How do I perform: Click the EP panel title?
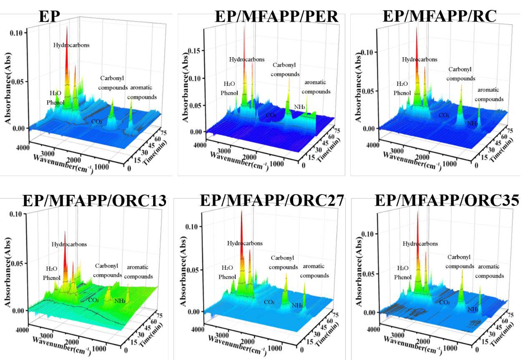click(50, 17)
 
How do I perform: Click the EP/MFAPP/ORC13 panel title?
click(94, 201)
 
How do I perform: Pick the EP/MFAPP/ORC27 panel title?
click(272, 200)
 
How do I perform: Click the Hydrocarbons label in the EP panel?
click(71, 45)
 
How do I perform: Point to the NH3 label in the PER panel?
click(299, 107)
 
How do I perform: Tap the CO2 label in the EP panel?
click(96, 121)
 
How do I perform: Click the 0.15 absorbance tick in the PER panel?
click(195, 50)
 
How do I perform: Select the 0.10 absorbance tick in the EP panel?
click(21, 33)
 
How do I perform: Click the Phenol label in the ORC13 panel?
click(51, 277)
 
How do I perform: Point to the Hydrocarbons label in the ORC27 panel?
click(245, 243)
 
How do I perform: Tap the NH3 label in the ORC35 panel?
click(472, 309)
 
